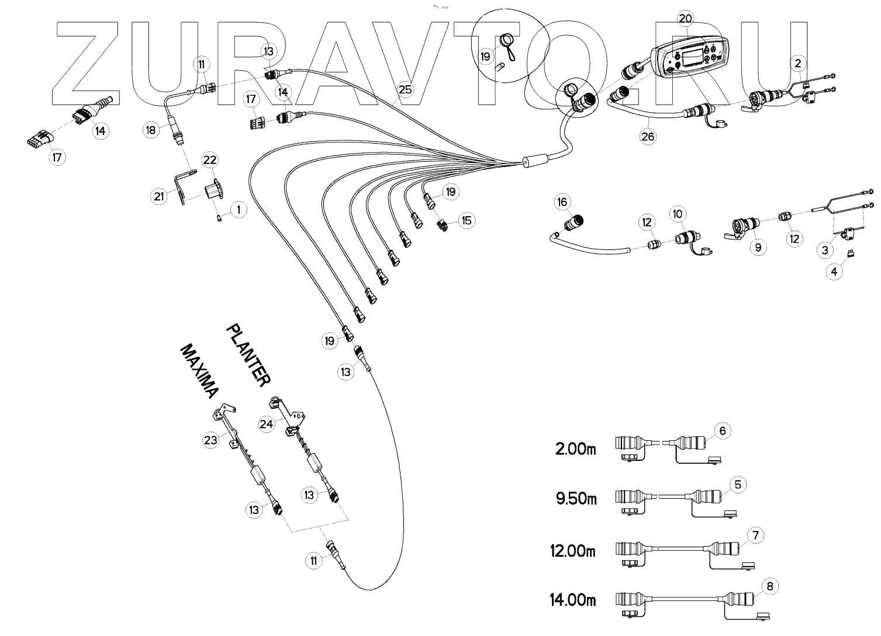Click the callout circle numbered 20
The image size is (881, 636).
click(685, 18)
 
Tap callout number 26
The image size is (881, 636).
click(648, 137)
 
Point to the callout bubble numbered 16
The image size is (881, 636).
click(562, 203)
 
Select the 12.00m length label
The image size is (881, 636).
click(573, 550)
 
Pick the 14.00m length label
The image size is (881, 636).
click(573, 600)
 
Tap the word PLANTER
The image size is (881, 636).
click(248, 355)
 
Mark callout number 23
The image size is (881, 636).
click(210, 439)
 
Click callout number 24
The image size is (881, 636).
click(267, 424)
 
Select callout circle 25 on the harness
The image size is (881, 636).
click(405, 89)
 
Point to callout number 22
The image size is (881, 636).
click(210, 160)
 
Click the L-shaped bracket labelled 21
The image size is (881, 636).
click(182, 187)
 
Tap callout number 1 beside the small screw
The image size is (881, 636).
click(239, 210)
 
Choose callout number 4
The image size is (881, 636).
click(834, 272)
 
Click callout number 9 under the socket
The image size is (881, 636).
click(758, 247)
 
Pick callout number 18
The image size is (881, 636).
click(151, 130)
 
